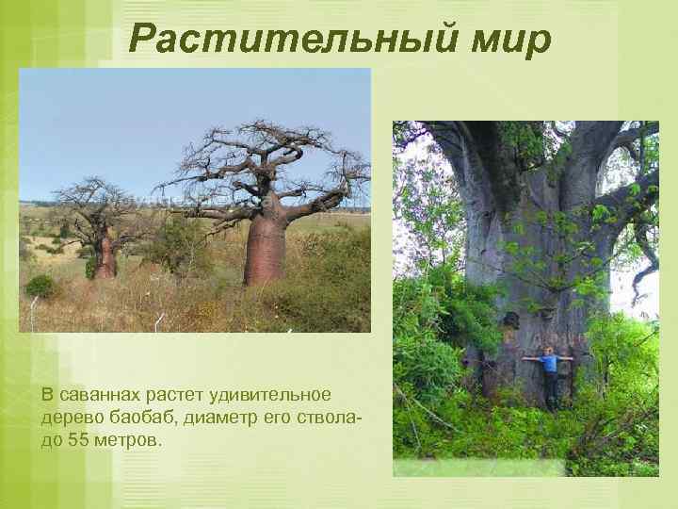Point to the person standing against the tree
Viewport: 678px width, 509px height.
tap(549, 374)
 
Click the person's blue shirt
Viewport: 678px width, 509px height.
tap(549, 363)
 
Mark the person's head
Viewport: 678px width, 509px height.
tap(549, 351)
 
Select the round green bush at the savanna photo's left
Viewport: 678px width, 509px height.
tap(40, 286)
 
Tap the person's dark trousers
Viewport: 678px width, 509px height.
tap(550, 386)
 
